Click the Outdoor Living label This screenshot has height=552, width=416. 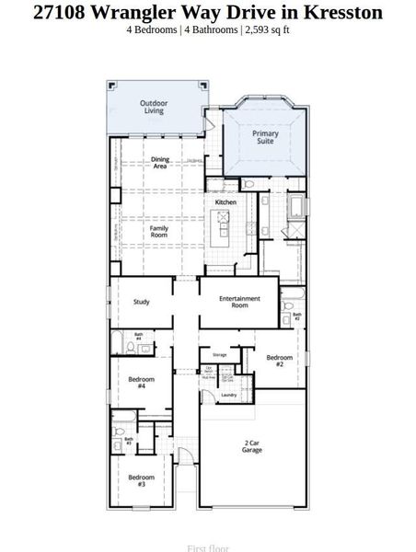(x=153, y=107)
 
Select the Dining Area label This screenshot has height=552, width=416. (x=160, y=163)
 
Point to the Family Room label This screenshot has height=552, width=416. (x=159, y=231)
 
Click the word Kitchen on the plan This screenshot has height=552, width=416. (x=225, y=201)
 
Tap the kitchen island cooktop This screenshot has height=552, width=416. (x=222, y=219)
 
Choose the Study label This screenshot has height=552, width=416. (x=141, y=301)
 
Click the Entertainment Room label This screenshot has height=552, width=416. (x=239, y=302)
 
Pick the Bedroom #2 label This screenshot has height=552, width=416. (x=279, y=360)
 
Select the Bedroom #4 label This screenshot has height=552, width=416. (x=141, y=382)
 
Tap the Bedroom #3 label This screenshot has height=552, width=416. (x=141, y=479)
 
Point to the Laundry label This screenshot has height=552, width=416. (x=229, y=395)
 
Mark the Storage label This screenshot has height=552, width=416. (x=219, y=354)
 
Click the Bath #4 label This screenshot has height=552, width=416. (x=139, y=337)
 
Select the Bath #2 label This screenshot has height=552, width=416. (x=296, y=316)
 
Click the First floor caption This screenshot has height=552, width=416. (x=207, y=547)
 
